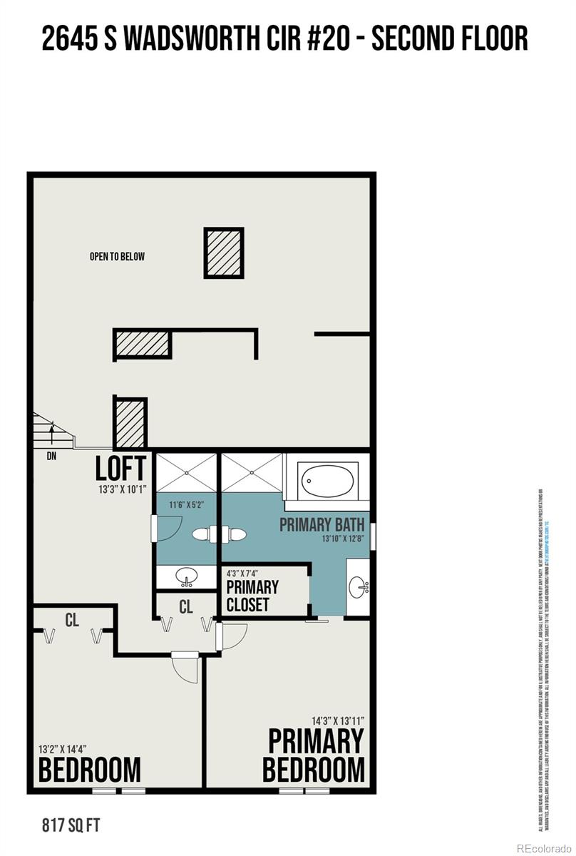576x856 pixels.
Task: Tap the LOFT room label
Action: (121, 468)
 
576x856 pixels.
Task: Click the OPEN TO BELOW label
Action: (117, 256)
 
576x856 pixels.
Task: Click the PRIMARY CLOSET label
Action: (252, 596)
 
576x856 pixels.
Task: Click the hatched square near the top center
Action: (225, 253)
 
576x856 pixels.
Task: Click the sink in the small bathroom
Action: (187, 576)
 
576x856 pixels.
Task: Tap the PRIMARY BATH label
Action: (322, 525)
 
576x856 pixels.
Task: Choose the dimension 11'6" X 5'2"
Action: (187, 504)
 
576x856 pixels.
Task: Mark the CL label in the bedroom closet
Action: (72, 621)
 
